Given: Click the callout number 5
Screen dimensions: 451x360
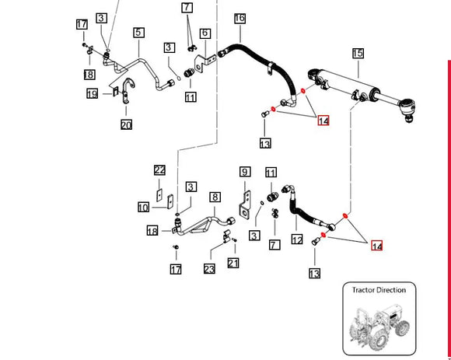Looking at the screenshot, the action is pos(138,33).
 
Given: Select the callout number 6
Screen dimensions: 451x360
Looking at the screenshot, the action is pos(205,33).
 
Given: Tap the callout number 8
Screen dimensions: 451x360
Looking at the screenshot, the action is pos(215,197).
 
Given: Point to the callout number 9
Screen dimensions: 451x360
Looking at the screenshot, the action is pos(245,172).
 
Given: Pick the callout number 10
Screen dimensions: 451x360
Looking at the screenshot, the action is pos(144,208).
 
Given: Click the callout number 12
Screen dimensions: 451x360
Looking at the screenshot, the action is pos(297,239).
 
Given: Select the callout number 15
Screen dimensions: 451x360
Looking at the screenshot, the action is pos(358,54).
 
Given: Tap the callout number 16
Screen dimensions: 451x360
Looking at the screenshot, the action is pos(239,18).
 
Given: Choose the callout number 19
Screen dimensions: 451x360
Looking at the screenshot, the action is pos(92,94).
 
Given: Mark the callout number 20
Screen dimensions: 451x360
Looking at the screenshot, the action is pos(126,124).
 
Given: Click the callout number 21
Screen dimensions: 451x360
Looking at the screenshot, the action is pos(233,263).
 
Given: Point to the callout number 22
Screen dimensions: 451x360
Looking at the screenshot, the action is pos(159,170).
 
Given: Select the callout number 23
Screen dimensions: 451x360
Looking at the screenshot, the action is pos(209,269).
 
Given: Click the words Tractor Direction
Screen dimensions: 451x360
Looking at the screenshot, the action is pos(379,290).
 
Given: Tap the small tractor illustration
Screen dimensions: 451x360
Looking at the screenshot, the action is pos(379,327).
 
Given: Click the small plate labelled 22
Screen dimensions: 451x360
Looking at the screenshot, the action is pos(159,195).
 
